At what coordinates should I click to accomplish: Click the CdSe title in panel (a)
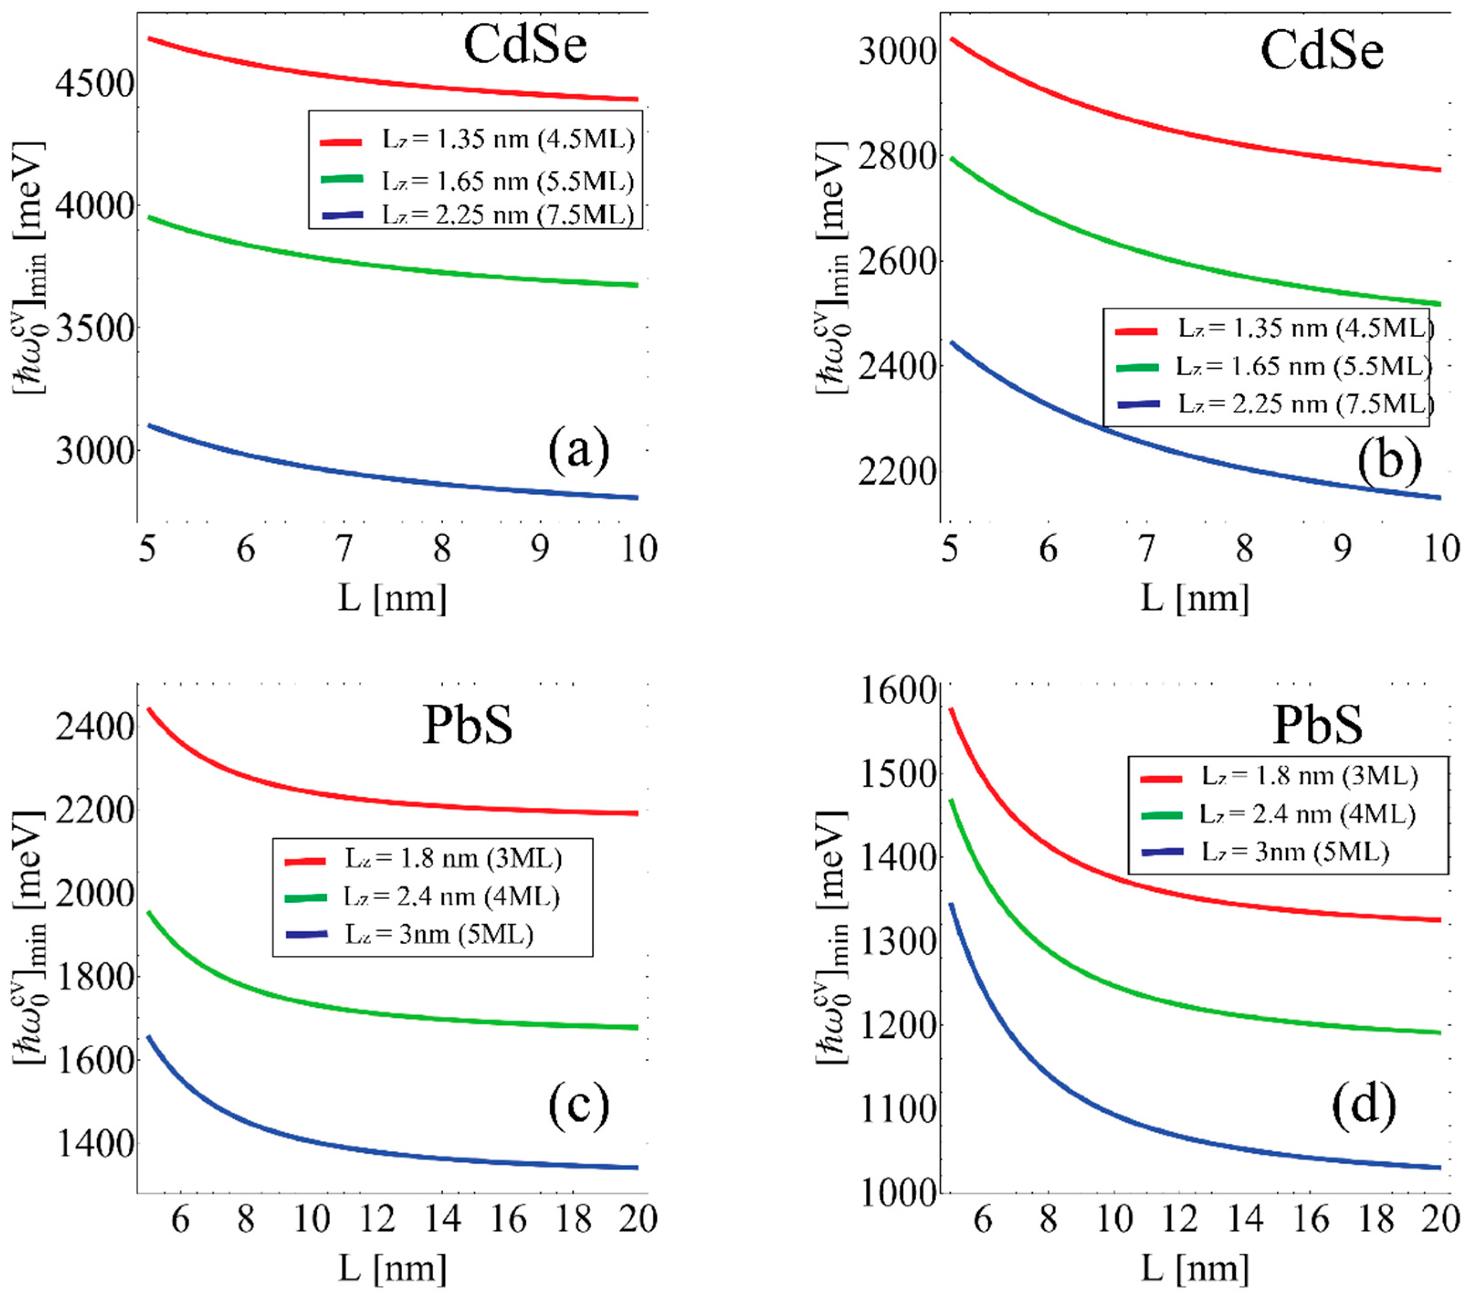524,45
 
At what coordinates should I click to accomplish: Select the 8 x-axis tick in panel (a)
442,549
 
